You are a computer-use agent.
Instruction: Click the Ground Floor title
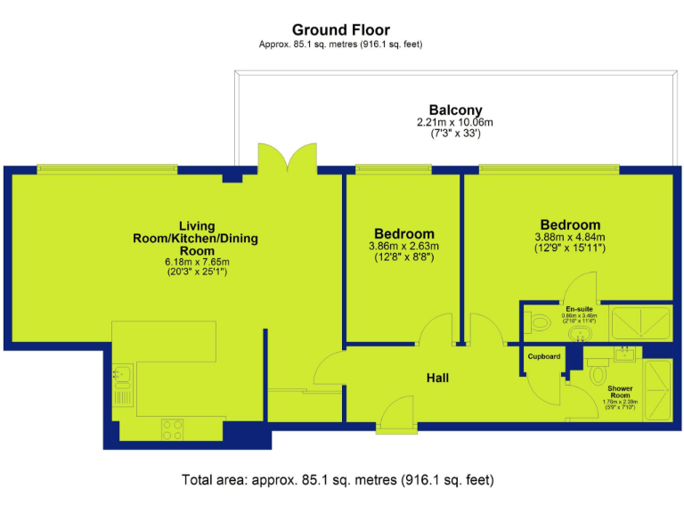(x=341, y=30)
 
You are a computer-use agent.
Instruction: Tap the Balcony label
(x=455, y=110)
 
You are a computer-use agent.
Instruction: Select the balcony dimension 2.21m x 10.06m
(x=455, y=122)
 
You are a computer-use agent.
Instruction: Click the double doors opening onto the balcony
(x=287, y=159)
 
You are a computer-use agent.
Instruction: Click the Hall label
(x=436, y=378)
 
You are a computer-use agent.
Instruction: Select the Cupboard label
(x=543, y=356)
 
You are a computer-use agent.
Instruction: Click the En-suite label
(x=580, y=308)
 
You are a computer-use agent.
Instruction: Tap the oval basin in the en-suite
(x=581, y=334)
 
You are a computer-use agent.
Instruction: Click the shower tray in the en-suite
(x=640, y=324)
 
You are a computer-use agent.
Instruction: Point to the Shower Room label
(x=620, y=393)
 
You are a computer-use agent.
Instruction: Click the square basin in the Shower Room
(x=625, y=354)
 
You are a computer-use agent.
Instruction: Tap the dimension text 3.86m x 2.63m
(x=403, y=247)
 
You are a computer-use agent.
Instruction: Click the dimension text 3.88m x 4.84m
(x=569, y=238)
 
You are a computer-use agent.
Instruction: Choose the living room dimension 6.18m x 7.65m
(x=197, y=262)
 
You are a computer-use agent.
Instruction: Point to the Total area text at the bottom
(x=337, y=480)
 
